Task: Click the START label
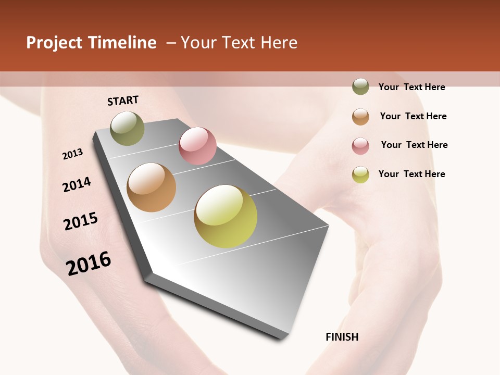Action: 123,101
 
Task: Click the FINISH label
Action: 342,337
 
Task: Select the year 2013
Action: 73,154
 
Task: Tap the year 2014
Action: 77,184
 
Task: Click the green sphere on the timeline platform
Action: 127,128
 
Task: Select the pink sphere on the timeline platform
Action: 197,146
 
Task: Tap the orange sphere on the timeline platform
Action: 152,187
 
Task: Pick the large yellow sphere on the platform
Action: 226,216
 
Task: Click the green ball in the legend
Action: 360,87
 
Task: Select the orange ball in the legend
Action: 360,117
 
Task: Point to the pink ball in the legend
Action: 360,146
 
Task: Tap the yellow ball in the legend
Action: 360,174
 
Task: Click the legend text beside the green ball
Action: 411,87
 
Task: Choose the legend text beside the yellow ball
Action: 411,174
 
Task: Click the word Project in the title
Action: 54,43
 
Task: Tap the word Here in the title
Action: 279,43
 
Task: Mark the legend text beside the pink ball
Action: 414,145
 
